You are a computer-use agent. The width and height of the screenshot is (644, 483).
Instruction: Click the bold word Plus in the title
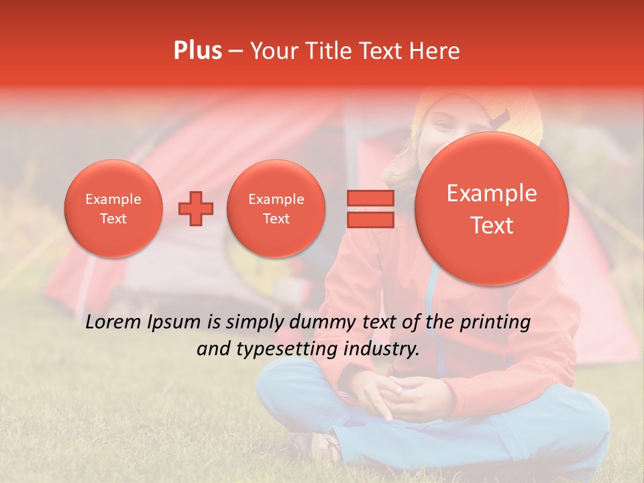pos(197,51)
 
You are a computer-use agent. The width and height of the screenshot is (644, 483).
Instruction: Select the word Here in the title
pos(436,51)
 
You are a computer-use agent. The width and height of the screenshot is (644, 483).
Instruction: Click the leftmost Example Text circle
pos(113,209)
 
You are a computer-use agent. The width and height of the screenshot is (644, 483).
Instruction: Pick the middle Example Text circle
pos(276,209)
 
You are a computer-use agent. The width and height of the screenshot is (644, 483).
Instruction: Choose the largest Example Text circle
pos(492,209)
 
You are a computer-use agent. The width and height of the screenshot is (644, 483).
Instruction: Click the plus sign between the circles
pos(195,209)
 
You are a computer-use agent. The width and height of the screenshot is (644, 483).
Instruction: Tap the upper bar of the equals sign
pos(370,198)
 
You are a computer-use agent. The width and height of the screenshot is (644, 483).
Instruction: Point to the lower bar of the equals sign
pos(370,220)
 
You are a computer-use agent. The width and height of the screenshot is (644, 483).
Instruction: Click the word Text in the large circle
pos(492,225)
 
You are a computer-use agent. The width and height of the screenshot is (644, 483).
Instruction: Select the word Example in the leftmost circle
pos(113,199)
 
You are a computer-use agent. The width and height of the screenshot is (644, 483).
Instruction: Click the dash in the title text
pos(235,52)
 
